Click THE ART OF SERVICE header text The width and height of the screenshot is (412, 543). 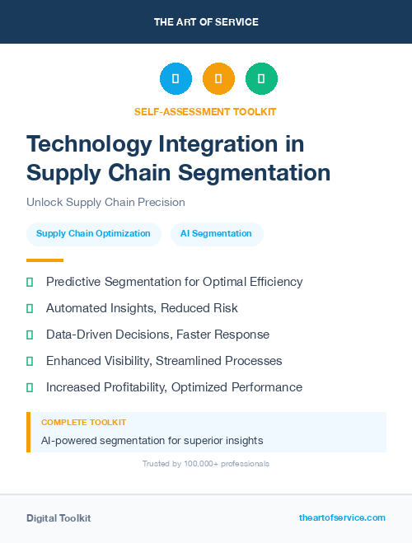pyautogui.click(x=206, y=22)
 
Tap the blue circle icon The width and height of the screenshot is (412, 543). pyautogui.click(x=176, y=79)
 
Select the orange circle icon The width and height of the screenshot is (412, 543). pyautogui.click(x=218, y=79)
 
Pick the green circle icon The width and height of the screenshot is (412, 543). pyautogui.click(x=261, y=79)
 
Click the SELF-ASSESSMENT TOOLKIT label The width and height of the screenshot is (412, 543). pyautogui.click(x=206, y=111)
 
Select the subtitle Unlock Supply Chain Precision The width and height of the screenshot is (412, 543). pyautogui.click(x=105, y=202)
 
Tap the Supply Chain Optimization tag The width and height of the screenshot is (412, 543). pyautogui.click(x=93, y=234)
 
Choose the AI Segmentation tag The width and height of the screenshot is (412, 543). pyautogui.click(x=217, y=234)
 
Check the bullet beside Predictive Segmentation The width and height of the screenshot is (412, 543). pyautogui.click(x=30, y=283)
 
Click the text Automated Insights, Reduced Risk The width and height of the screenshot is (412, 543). pyautogui.click(x=142, y=308)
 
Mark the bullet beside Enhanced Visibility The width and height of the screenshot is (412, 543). pyautogui.click(x=30, y=361)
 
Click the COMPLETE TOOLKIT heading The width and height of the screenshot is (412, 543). pyautogui.click(x=83, y=422)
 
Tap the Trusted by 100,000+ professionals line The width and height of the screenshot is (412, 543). pyautogui.click(x=206, y=464)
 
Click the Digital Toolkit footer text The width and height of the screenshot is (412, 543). pyautogui.click(x=59, y=518)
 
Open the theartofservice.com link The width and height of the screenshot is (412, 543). pyautogui.click(x=342, y=517)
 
